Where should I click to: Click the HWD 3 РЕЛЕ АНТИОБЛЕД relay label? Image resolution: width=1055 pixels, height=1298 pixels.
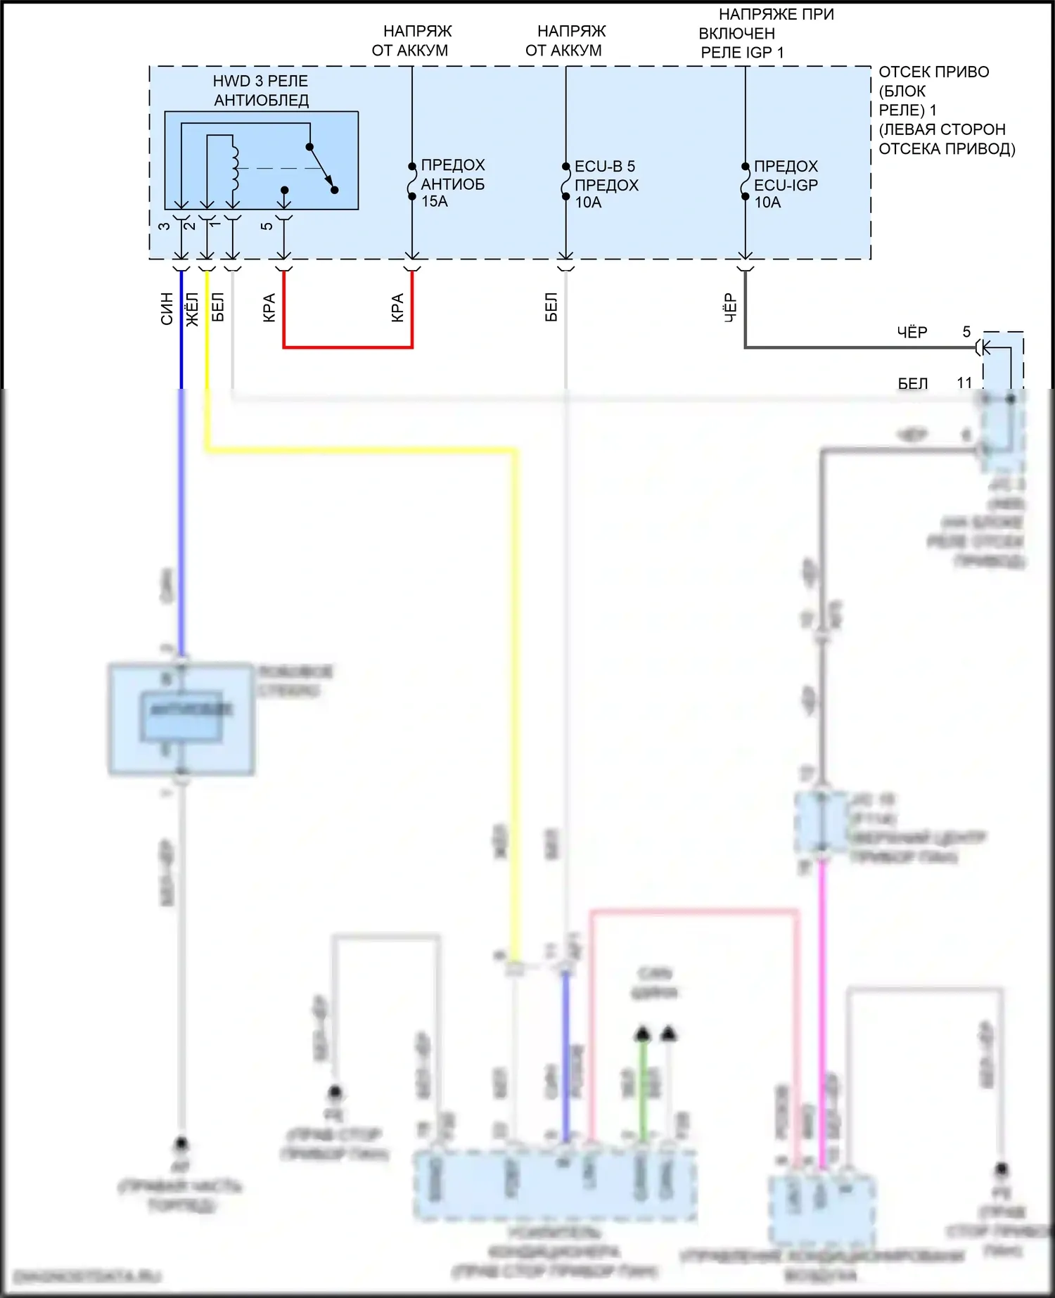point(261,91)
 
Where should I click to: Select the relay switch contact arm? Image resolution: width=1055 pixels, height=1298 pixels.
point(321,168)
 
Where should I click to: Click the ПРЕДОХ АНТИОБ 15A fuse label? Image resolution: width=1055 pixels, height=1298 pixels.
point(453,183)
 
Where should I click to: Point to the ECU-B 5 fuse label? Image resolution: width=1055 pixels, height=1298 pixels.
point(605,167)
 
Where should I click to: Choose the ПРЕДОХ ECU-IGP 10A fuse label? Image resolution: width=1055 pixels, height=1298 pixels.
point(786,184)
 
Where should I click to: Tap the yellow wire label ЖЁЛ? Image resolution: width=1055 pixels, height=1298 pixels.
point(192,309)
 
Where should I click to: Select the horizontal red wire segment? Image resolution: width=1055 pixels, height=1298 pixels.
point(347,347)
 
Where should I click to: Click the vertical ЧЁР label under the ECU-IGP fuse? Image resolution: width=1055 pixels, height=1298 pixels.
point(730,308)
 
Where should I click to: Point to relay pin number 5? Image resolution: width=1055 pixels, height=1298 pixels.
point(267,226)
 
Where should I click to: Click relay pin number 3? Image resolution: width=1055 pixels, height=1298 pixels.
point(164,226)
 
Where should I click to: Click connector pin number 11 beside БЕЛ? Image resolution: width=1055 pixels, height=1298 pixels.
point(964,383)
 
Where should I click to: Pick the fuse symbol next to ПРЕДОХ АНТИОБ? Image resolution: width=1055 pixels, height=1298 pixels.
point(412,181)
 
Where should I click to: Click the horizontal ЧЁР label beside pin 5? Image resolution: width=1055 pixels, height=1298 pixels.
point(912,332)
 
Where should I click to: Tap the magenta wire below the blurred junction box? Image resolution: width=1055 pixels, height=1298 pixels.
point(821,984)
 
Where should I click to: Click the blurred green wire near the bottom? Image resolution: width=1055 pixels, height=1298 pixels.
point(642,1090)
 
